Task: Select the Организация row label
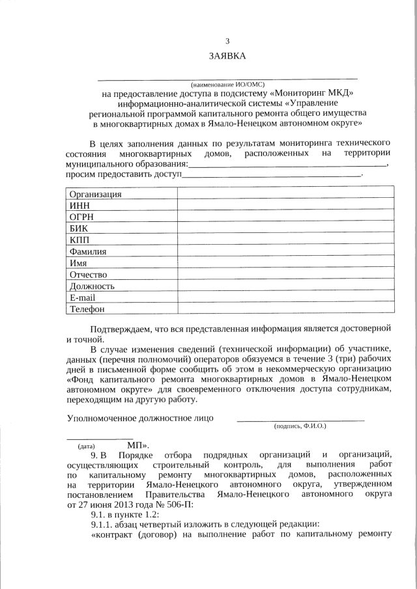[x=95, y=194]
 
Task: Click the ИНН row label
[x=80, y=206]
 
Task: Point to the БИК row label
[x=79, y=228]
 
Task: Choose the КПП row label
[x=80, y=240]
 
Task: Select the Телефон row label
[x=87, y=309]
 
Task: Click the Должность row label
[x=93, y=286]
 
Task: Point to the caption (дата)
[x=87, y=446]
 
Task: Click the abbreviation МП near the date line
[x=136, y=446]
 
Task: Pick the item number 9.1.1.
[x=104, y=525]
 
